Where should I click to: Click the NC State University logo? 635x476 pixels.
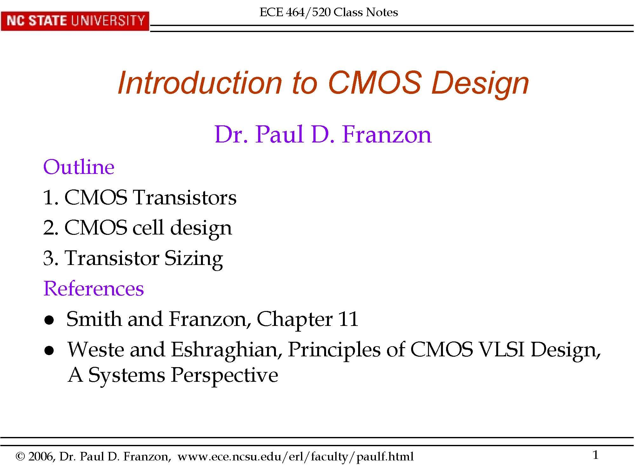click(x=75, y=21)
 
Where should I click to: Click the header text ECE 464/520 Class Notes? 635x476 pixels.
click(x=329, y=12)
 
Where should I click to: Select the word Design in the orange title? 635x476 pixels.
click(x=480, y=83)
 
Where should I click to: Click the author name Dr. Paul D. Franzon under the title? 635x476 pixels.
click(x=323, y=135)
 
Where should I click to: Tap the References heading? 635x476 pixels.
click(x=93, y=288)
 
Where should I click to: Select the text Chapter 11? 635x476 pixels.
click(x=307, y=319)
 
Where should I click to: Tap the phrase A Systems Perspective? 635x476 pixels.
click(x=173, y=375)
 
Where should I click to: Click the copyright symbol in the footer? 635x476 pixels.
click(x=20, y=457)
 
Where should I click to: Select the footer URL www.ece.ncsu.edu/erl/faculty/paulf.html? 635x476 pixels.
click(x=295, y=457)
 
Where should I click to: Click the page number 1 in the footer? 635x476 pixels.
click(x=595, y=455)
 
